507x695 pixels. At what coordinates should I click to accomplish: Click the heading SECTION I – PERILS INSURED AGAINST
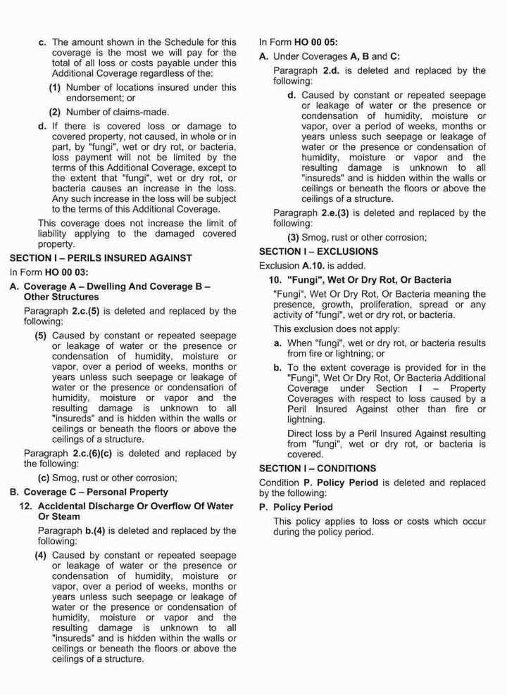coord(101,257)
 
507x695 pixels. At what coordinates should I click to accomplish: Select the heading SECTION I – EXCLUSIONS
coord(318,251)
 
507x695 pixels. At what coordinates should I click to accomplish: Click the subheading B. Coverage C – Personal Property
coord(89,492)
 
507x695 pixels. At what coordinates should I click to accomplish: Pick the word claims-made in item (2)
coord(144,111)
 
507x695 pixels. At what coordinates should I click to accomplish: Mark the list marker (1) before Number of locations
coord(54,87)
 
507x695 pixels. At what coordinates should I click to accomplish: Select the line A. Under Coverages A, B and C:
coord(329,56)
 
